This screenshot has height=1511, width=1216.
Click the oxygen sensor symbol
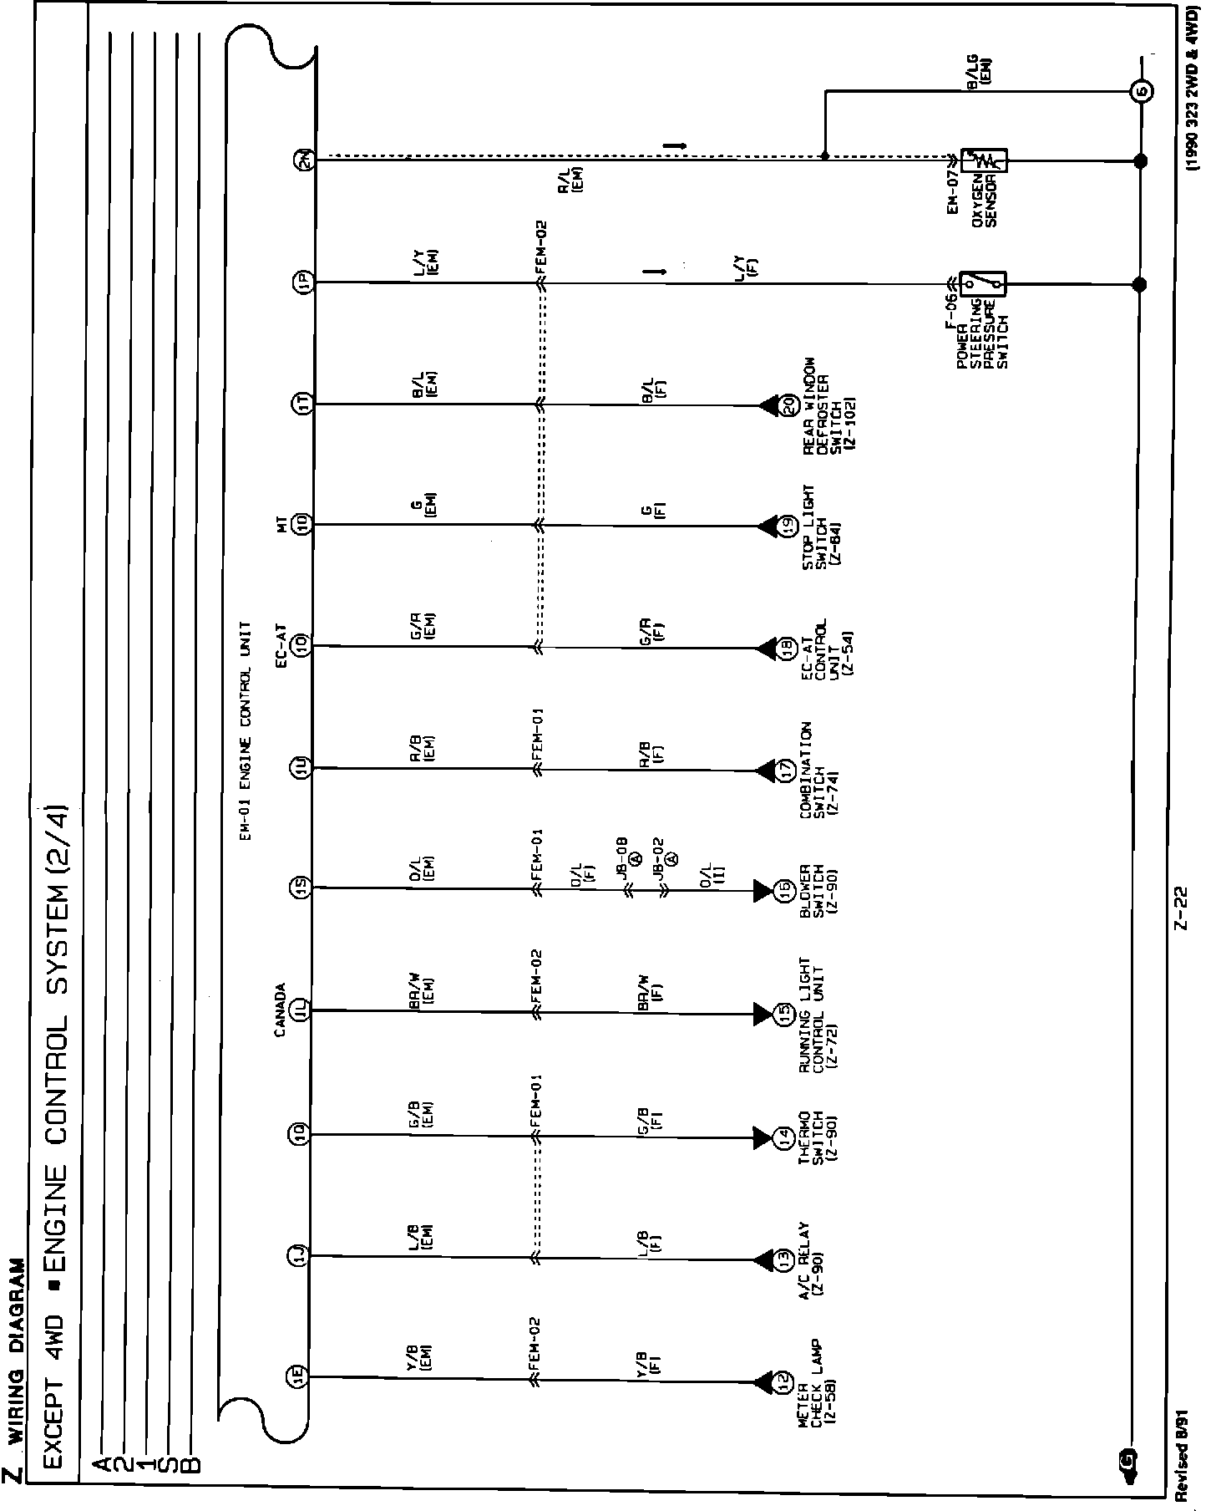(985, 160)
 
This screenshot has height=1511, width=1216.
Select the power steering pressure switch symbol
(983, 284)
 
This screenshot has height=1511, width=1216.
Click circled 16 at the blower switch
(784, 892)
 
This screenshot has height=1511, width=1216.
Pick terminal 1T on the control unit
(302, 404)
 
